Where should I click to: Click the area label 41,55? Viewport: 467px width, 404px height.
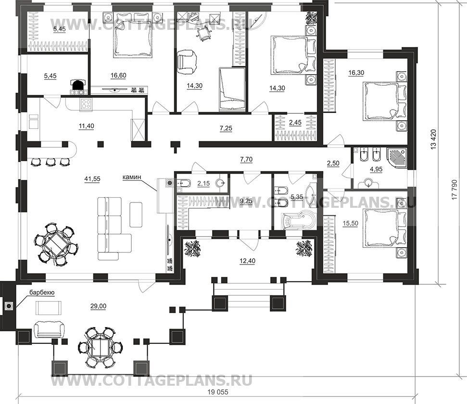point(93,179)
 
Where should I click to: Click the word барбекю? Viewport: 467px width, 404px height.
point(42,292)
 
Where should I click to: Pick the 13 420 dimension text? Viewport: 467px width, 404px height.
point(433,139)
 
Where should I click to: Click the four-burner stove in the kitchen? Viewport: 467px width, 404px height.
point(86,104)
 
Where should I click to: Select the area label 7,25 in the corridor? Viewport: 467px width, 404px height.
point(226,128)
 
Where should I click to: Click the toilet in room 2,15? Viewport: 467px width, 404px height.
point(183,183)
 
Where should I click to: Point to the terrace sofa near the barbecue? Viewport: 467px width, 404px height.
point(49,329)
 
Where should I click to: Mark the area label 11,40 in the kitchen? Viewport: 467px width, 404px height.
point(87,126)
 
